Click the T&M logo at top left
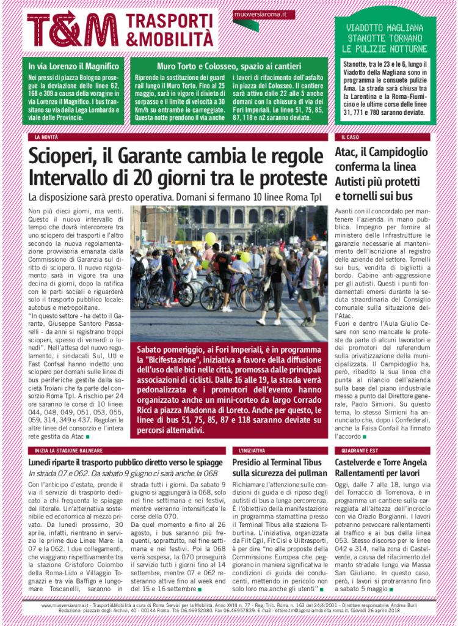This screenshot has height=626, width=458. pos(73,29)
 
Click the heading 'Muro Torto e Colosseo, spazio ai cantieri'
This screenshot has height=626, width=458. pos(229,66)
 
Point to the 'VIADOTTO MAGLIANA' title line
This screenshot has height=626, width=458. pos(385,28)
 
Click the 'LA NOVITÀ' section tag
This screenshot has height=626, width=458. pos(46,138)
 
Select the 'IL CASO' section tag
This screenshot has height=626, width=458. pos(350,138)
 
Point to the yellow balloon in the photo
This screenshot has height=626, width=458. pos(210,238)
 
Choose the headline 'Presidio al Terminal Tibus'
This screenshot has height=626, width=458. pos(278,462)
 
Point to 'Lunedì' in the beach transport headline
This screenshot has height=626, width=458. pos(43,462)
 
